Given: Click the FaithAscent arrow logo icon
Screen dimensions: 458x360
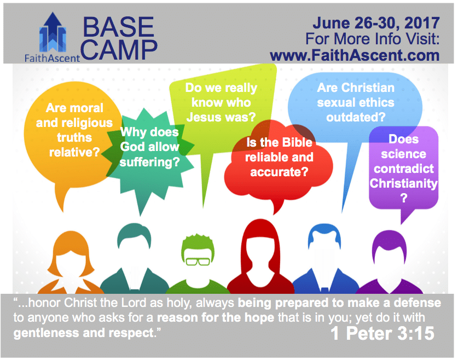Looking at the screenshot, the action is [53, 32].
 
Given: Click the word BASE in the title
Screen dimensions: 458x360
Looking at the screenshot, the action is [118, 27].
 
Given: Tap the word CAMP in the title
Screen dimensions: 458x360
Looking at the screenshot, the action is [119, 50].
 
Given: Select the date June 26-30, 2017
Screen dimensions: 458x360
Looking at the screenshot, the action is [376, 23].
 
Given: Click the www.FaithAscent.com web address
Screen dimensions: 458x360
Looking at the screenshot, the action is [355, 55].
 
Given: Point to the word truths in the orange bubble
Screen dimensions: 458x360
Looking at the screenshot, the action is [74, 137].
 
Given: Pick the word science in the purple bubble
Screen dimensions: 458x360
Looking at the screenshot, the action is [403, 154].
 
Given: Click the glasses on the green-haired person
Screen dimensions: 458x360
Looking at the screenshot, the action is [198, 262].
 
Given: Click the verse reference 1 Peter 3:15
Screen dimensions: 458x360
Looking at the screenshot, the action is [382, 333].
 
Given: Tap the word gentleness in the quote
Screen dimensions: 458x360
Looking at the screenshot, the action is [47, 333].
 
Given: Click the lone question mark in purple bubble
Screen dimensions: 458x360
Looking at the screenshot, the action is [404, 198].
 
